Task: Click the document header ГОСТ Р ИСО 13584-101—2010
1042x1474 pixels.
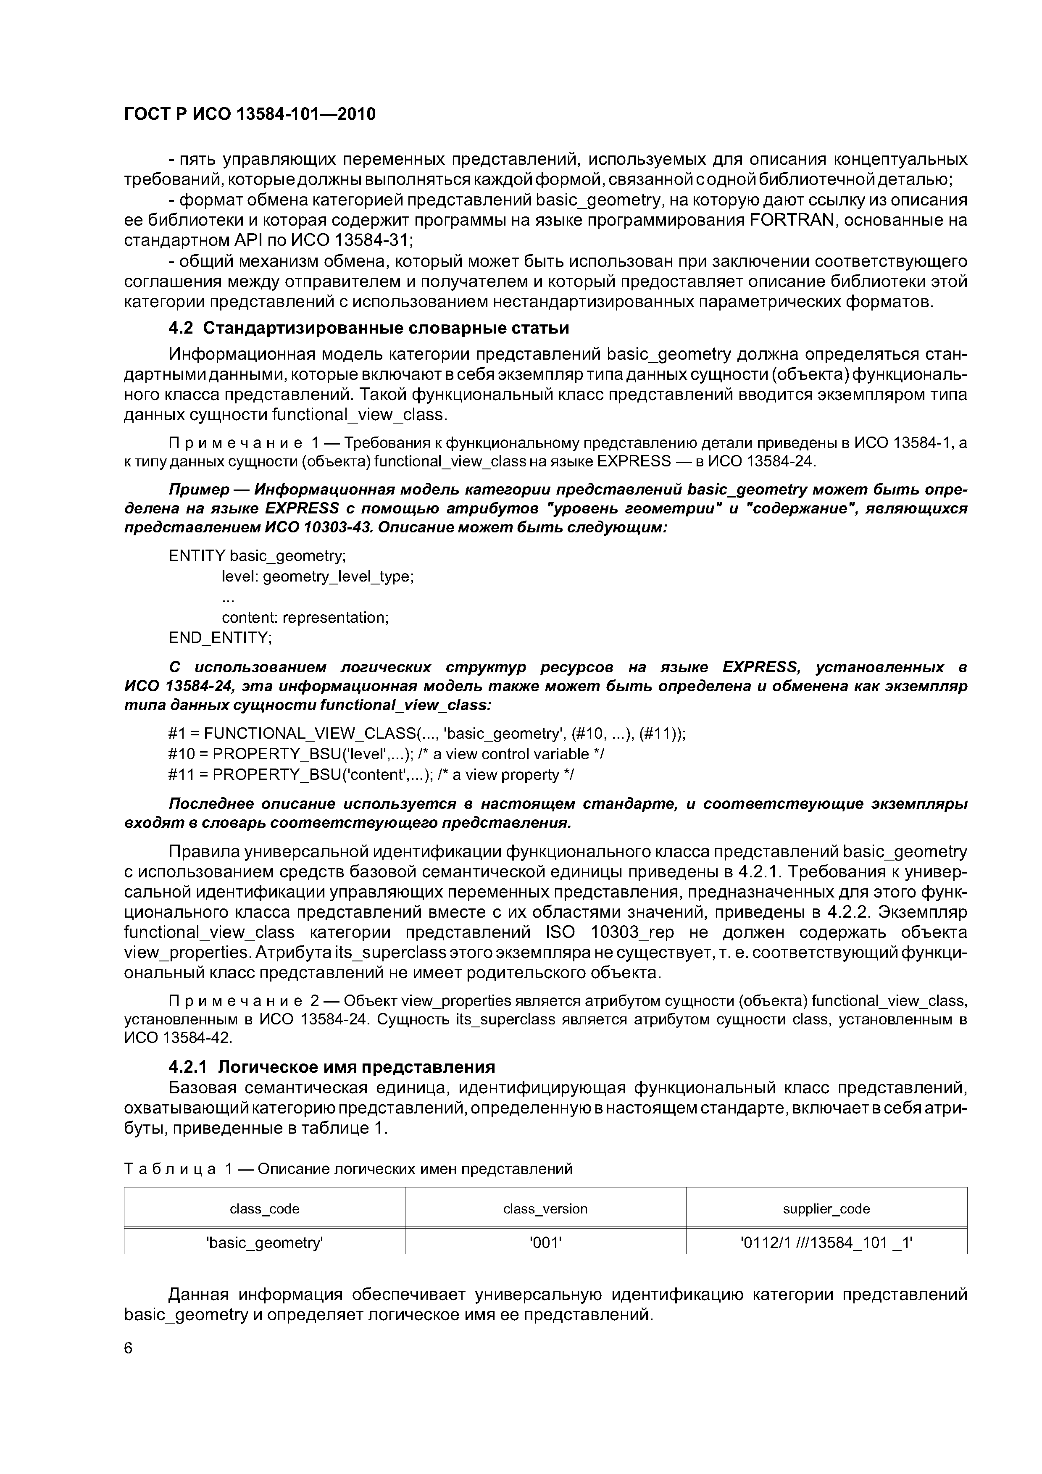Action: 249,114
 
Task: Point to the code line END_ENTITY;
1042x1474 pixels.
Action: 220,637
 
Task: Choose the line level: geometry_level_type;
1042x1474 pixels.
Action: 317,576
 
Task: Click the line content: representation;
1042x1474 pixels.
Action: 305,618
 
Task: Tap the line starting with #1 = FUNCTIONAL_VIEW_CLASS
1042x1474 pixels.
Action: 427,733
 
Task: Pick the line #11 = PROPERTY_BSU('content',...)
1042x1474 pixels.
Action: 371,775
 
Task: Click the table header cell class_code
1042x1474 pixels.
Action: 265,1209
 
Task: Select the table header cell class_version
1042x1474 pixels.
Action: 545,1209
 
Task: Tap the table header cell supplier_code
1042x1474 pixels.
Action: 826,1209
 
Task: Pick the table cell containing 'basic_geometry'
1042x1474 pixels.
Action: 265,1243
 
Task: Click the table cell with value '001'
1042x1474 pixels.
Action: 545,1243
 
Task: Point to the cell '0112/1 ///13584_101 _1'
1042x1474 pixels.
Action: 826,1243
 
